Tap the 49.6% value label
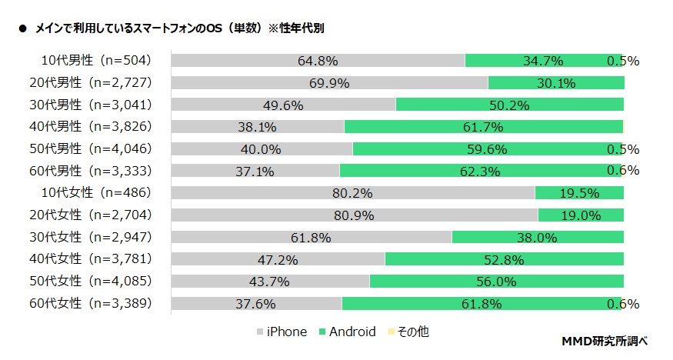click(x=282, y=105)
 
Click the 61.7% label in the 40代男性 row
click(x=482, y=127)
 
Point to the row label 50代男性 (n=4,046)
click(x=96, y=149)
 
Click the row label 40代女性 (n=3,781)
click(x=96, y=259)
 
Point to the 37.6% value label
click(x=255, y=304)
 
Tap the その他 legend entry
click(x=409, y=332)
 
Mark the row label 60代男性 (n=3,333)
click(x=96, y=171)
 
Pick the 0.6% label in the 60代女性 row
click(x=623, y=304)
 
